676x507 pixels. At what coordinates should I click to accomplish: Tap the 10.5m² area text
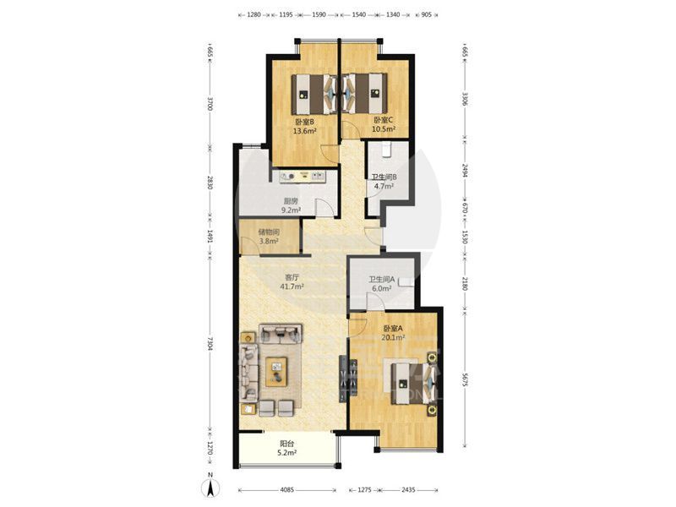pyautogui.click(x=384, y=129)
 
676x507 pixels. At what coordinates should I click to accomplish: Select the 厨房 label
pyautogui.click(x=291, y=201)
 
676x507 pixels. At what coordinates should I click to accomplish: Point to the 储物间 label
pyautogui.click(x=269, y=232)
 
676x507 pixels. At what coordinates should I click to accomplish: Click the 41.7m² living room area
pyautogui.click(x=292, y=286)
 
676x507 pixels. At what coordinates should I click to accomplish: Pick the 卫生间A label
pyautogui.click(x=382, y=280)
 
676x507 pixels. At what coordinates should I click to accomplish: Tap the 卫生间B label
pyautogui.click(x=384, y=177)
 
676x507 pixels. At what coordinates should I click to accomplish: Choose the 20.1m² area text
pyautogui.click(x=393, y=337)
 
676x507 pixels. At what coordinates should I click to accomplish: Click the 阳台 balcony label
pyautogui.click(x=287, y=444)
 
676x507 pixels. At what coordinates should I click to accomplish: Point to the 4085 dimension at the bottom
pyautogui.click(x=287, y=490)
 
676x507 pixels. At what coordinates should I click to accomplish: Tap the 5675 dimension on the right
pyautogui.click(x=464, y=379)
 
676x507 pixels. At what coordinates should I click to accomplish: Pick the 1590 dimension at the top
pyautogui.click(x=319, y=14)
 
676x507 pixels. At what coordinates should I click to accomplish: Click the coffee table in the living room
pyautogui.click(x=276, y=372)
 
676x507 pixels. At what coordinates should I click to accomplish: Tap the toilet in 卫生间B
pyautogui.click(x=386, y=149)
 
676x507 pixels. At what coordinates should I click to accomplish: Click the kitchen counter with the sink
pyautogui.click(x=303, y=177)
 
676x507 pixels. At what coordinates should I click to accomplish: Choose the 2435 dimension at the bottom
pyautogui.click(x=408, y=490)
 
